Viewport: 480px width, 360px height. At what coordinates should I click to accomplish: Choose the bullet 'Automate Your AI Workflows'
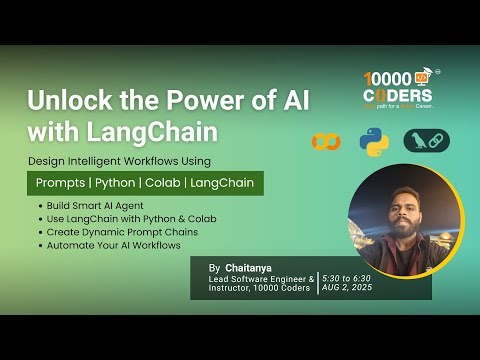tap(113, 245)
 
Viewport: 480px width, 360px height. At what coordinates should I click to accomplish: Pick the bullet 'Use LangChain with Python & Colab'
tap(131, 219)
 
